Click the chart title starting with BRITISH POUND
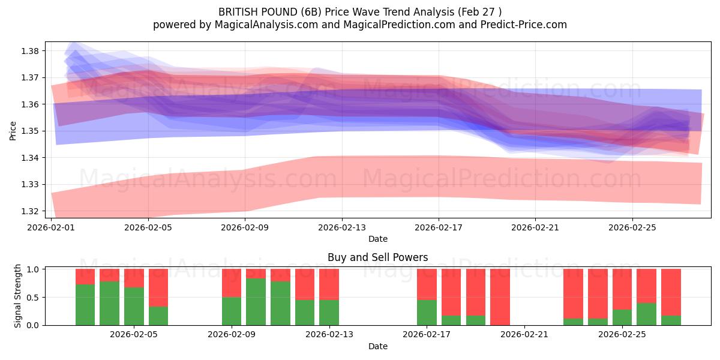(360, 11)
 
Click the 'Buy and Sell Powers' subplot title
(377, 257)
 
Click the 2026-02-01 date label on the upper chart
(51, 227)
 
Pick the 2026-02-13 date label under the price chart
(341, 227)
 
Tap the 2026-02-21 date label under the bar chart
(524, 334)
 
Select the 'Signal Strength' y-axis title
(18, 296)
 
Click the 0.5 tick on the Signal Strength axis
(34, 297)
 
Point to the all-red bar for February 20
(500, 297)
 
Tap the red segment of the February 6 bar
(158, 287)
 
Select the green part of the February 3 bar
(85, 305)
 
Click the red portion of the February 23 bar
(573, 293)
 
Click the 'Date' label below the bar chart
(377, 346)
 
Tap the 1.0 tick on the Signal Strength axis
(34, 269)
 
